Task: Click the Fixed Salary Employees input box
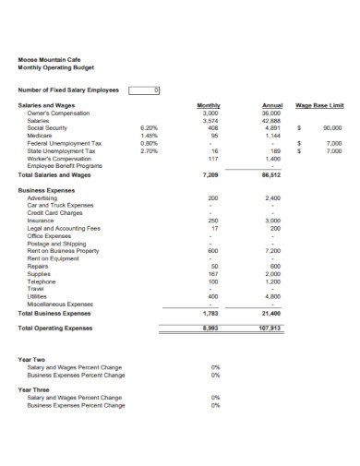point(145,90)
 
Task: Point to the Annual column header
point(272,106)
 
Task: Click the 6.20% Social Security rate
point(150,128)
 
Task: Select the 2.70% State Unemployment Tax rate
point(150,150)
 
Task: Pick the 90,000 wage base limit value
point(333,128)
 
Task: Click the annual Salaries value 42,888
point(271,121)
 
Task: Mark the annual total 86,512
point(271,173)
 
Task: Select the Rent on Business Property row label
point(63,250)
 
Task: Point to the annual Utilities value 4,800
point(272,295)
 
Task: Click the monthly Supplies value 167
point(212,273)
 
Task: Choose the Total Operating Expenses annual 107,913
point(270,327)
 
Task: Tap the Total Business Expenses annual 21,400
point(271,314)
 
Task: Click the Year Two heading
point(32,359)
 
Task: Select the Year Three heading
point(34,389)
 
